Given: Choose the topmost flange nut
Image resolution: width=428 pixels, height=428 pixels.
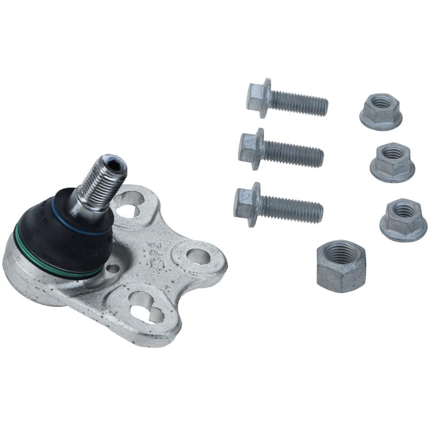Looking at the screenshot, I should (380, 111).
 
